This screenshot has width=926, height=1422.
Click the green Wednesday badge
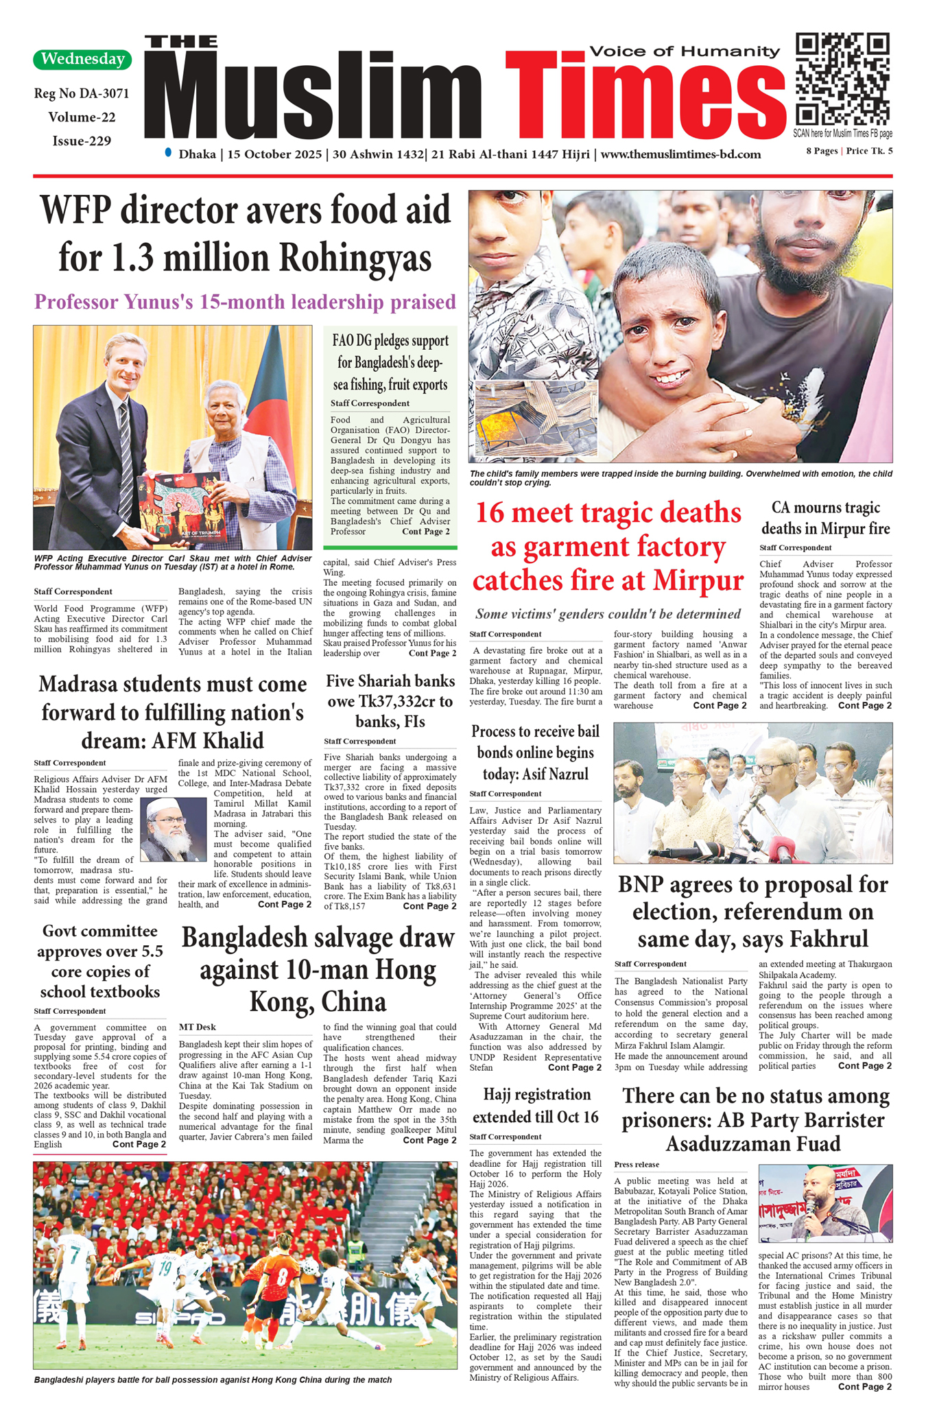[x=82, y=59]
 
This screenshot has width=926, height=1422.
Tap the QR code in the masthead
[x=842, y=79]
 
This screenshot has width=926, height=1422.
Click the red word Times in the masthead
[x=645, y=96]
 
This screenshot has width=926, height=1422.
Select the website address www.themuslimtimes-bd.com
[x=680, y=154]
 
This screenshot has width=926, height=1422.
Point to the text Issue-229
[x=82, y=141]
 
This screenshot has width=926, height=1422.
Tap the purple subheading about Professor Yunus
[x=245, y=302]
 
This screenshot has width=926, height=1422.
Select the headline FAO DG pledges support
[x=390, y=362]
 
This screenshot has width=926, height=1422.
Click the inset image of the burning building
[x=535, y=418]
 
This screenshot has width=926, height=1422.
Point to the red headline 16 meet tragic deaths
[x=608, y=547]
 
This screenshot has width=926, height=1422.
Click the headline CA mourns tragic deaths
[x=825, y=518]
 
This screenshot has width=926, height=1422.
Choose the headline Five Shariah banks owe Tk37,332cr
[x=390, y=701]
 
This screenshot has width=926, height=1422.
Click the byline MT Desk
[x=197, y=1027]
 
